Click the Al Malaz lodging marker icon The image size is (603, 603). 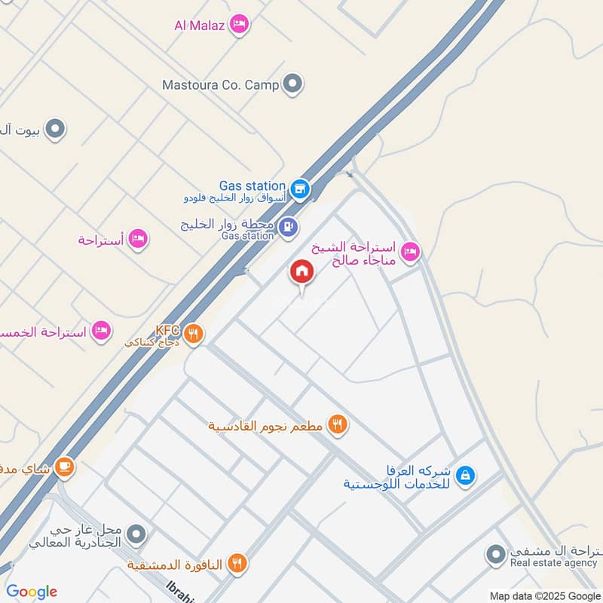click(240, 26)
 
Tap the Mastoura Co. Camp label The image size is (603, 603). click(220, 84)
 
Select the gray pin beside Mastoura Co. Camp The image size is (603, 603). click(293, 84)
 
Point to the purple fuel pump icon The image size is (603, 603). click(287, 226)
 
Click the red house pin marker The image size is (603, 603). click(302, 271)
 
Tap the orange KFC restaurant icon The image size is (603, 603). click(194, 332)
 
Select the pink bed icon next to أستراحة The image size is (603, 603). click(138, 240)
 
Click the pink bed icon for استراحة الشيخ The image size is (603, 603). click(410, 251)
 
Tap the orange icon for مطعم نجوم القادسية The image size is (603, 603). click(338, 425)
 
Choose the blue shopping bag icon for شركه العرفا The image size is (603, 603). click(467, 475)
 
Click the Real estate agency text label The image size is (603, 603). click(553, 563)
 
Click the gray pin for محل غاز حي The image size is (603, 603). click(136, 534)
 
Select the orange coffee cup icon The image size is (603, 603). click(65, 468)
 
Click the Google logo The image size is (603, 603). click(32, 592)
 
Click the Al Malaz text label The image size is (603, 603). click(200, 26)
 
